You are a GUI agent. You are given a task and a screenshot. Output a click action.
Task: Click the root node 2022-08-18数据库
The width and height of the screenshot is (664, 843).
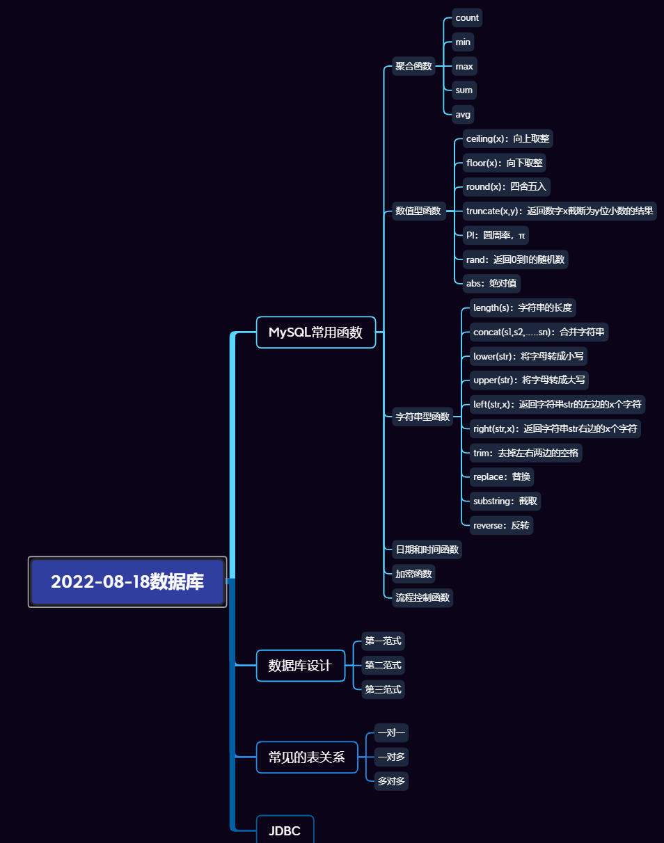tap(127, 581)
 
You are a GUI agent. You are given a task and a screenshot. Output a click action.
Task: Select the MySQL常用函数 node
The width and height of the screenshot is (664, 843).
tap(315, 332)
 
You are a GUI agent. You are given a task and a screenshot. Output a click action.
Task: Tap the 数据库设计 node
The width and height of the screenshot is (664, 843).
tap(300, 666)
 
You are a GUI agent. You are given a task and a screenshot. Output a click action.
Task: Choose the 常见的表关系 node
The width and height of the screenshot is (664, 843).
tap(306, 757)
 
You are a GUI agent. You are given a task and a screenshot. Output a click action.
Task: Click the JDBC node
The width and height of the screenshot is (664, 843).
tap(285, 830)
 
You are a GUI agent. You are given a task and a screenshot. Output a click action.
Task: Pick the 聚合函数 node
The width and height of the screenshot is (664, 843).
tap(414, 67)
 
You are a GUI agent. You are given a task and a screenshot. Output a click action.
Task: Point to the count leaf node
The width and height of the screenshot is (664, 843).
tap(467, 18)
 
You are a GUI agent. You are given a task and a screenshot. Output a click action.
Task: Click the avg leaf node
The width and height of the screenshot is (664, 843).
tap(463, 114)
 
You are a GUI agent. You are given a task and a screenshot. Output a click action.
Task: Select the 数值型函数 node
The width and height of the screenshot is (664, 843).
tap(418, 211)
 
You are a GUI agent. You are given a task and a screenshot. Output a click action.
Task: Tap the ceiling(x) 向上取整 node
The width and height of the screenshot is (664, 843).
tap(507, 138)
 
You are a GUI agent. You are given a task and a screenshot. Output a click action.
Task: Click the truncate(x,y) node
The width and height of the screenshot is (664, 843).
tap(560, 211)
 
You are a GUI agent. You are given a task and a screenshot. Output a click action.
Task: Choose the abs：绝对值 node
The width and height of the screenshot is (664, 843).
tap(491, 283)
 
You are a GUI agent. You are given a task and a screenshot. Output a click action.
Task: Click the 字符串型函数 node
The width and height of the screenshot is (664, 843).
tap(422, 417)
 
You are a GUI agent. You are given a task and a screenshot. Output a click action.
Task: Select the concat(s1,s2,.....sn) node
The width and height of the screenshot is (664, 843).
tap(535, 332)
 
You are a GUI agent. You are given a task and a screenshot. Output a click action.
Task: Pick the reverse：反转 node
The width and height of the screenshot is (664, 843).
tap(501, 525)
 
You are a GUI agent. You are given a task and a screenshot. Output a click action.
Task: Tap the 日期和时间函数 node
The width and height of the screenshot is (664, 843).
tap(427, 549)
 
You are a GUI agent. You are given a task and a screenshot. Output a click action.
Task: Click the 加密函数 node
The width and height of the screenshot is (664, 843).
tap(414, 574)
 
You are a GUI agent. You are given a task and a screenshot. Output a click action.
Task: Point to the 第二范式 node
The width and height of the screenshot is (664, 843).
tap(383, 665)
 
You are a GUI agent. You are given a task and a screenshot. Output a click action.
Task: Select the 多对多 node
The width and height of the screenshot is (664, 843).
tap(391, 781)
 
